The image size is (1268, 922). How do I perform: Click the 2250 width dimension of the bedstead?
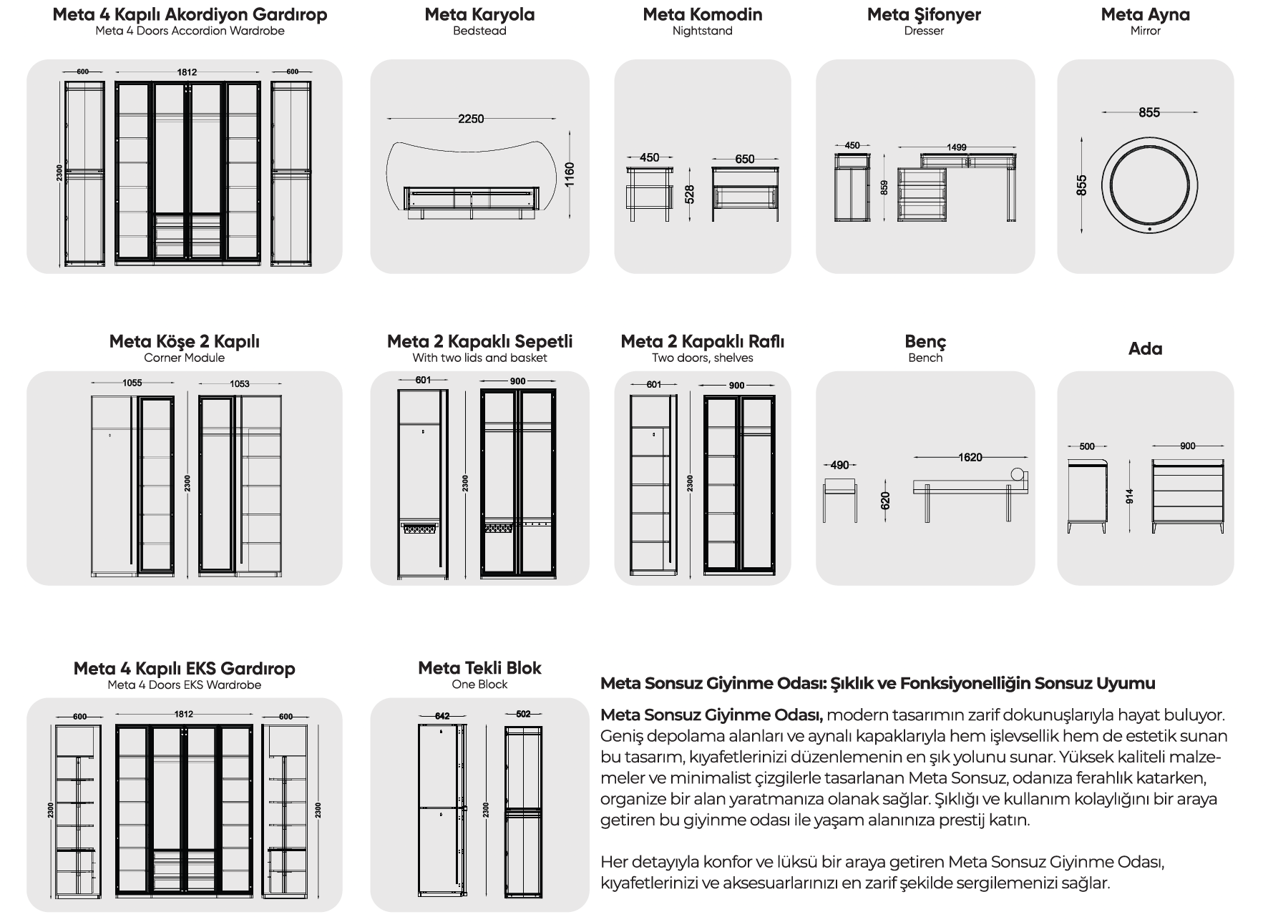click(x=471, y=119)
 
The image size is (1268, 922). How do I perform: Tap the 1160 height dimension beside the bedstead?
click(x=570, y=175)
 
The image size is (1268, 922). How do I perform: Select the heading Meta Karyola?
click(x=479, y=14)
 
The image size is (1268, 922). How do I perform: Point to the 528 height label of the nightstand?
click(x=690, y=195)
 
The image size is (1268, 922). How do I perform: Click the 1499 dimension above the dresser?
click(x=957, y=147)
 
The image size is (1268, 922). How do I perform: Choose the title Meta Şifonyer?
click(x=924, y=14)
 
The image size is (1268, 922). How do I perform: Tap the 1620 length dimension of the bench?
click(x=970, y=457)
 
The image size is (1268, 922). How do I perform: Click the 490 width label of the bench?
click(x=839, y=466)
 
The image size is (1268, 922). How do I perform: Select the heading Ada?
click(x=1145, y=348)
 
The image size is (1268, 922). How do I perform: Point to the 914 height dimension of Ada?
click(x=1130, y=496)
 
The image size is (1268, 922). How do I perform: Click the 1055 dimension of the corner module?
click(x=132, y=383)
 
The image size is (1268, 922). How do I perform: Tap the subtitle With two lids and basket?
click(x=479, y=358)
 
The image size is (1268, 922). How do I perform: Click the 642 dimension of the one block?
click(x=442, y=715)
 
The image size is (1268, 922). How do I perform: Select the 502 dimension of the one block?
click(x=523, y=714)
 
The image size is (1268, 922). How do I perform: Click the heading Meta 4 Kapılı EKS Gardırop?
click(x=185, y=668)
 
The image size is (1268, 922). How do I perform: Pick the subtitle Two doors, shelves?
click(x=702, y=358)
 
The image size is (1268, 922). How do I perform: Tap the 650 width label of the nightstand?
click(x=744, y=159)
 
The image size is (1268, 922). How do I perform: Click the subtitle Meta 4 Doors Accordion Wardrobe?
click(x=190, y=31)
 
